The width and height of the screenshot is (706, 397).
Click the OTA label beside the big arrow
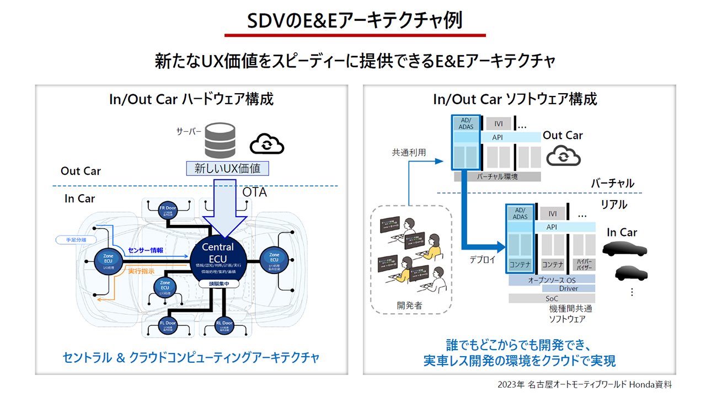point(254,192)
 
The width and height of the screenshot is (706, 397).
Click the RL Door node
point(224,325)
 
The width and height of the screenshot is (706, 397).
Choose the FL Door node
point(166,325)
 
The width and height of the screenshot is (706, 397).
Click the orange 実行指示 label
point(142,272)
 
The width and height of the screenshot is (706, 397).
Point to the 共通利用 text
point(409,152)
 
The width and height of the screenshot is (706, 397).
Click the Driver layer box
point(568,288)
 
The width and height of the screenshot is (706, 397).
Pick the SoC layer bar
point(552,298)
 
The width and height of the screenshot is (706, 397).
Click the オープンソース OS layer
point(552,280)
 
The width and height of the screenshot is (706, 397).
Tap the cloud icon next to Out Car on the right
point(563,156)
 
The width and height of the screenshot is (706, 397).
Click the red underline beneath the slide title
point(355,35)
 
